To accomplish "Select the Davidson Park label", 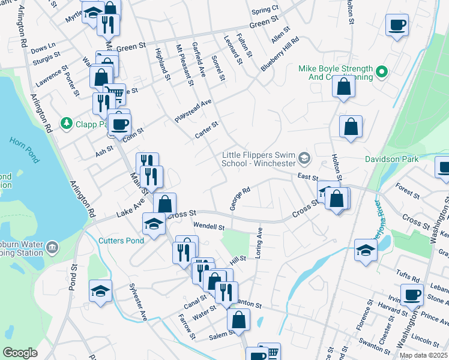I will click(x=393, y=159).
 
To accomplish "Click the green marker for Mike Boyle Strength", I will click(x=381, y=73).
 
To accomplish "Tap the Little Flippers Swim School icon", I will click(x=304, y=158).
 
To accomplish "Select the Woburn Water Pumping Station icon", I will click(x=52, y=247).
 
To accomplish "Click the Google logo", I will click(x=20, y=353).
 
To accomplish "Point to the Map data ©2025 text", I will click(x=423, y=355).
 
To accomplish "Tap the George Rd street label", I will click(x=239, y=199).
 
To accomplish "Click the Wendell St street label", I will click(x=208, y=227).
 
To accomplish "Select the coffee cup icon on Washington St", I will click(x=412, y=295).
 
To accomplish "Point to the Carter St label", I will click(x=206, y=130).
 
